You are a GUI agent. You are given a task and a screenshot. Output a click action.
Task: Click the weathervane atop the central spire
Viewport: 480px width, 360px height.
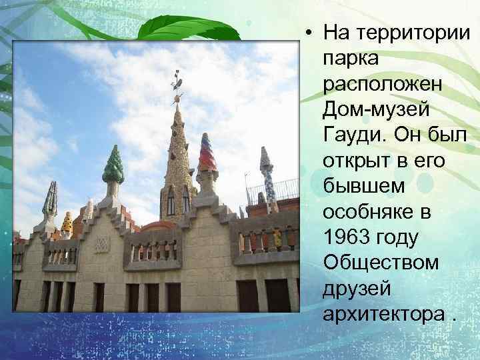[x=177, y=82]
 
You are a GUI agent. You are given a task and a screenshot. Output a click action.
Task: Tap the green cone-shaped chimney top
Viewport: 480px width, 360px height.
[x=113, y=165]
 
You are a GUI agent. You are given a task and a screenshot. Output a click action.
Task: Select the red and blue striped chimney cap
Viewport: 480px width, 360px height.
[x=208, y=153]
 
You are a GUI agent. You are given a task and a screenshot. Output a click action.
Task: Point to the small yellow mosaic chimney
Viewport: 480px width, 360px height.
[x=67, y=223]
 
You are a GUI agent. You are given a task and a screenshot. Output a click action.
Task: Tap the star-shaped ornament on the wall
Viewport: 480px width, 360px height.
[x=101, y=244]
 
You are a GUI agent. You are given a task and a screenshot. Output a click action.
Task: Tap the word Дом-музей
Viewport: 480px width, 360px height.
[x=376, y=109]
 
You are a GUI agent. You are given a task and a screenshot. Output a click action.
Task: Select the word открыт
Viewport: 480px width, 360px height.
[x=355, y=161]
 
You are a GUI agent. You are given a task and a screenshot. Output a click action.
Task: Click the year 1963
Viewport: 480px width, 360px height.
[x=347, y=237]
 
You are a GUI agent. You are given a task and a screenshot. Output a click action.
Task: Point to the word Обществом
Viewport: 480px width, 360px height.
[x=381, y=263]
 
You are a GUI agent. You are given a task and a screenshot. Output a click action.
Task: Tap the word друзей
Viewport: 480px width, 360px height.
[x=355, y=289]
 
